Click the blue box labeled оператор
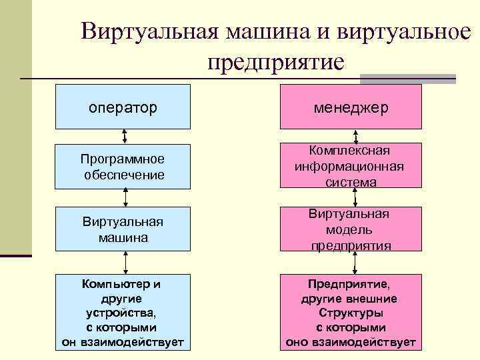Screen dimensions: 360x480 coord(123,106)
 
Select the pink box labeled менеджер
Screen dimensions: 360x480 coord(351,106)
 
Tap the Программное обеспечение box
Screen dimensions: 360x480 coord(123,167)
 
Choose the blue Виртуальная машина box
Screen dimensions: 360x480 coord(123,229)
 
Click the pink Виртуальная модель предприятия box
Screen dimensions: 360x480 coord(351,229)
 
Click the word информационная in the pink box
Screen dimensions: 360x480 coord(351,166)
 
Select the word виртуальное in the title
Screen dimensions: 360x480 coord(400,32)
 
